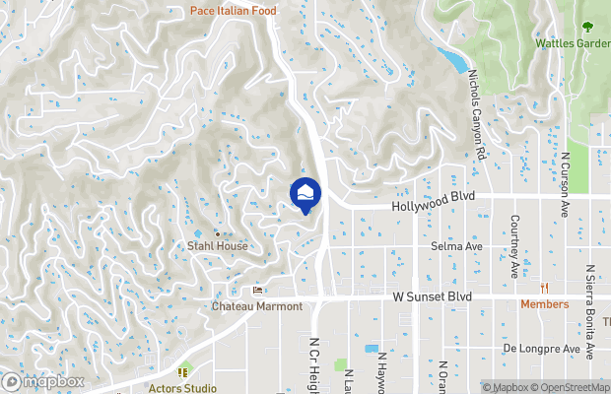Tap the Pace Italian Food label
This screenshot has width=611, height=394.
pos(234,11)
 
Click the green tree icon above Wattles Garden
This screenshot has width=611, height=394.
pos(588,27)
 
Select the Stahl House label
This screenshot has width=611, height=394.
pos(217,246)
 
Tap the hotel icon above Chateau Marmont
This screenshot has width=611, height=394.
pos(258,291)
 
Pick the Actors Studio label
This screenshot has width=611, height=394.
pos(182,387)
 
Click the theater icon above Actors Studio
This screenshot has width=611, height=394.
pos(182,371)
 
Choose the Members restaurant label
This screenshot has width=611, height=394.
pos(545,304)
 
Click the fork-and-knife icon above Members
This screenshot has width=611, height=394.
pos(545,288)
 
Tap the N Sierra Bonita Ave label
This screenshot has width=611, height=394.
pos(590,310)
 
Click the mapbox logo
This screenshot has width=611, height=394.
pos(43,381)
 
